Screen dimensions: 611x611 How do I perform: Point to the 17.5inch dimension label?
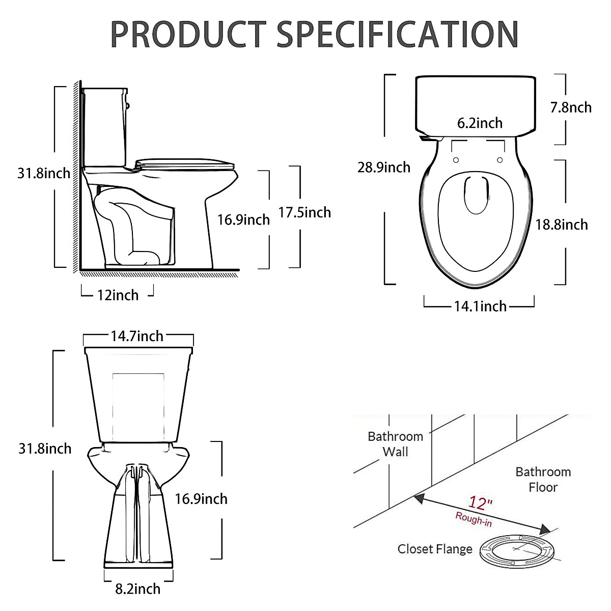pyautogui.click(x=304, y=212)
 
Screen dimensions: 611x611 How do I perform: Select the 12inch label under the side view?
pyautogui.click(x=118, y=295)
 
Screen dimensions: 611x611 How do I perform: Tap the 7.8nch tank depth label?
pyautogui.click(x=571, y=107)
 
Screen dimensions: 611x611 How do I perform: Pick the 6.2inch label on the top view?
pyautogui.click(x=480, y=123)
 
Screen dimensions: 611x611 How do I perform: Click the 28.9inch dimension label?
pyautogui.click(x=383, y=167)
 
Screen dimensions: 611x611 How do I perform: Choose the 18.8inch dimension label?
pyautogui.click(x=561, y=225)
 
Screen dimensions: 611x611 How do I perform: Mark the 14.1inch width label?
pyautogui.click(x=480, y=306)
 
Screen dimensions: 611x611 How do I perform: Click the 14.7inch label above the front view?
pyautogui.click(x=137, y=336)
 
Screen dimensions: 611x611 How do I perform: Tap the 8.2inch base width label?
pyautogui.click(x=137, y=589)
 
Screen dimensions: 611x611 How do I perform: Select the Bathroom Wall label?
pyautogui.click(x=395, y=444)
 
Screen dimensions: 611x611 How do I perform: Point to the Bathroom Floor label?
pyautogui.click(x=543, y=480)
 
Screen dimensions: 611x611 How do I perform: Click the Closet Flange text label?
pyautogui.click(x=435, y=549)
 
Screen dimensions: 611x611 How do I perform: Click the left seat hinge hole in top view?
pyautogui.click(x=456, y=160)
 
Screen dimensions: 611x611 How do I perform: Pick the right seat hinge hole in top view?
pyautogui.click(x=500, y=160)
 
